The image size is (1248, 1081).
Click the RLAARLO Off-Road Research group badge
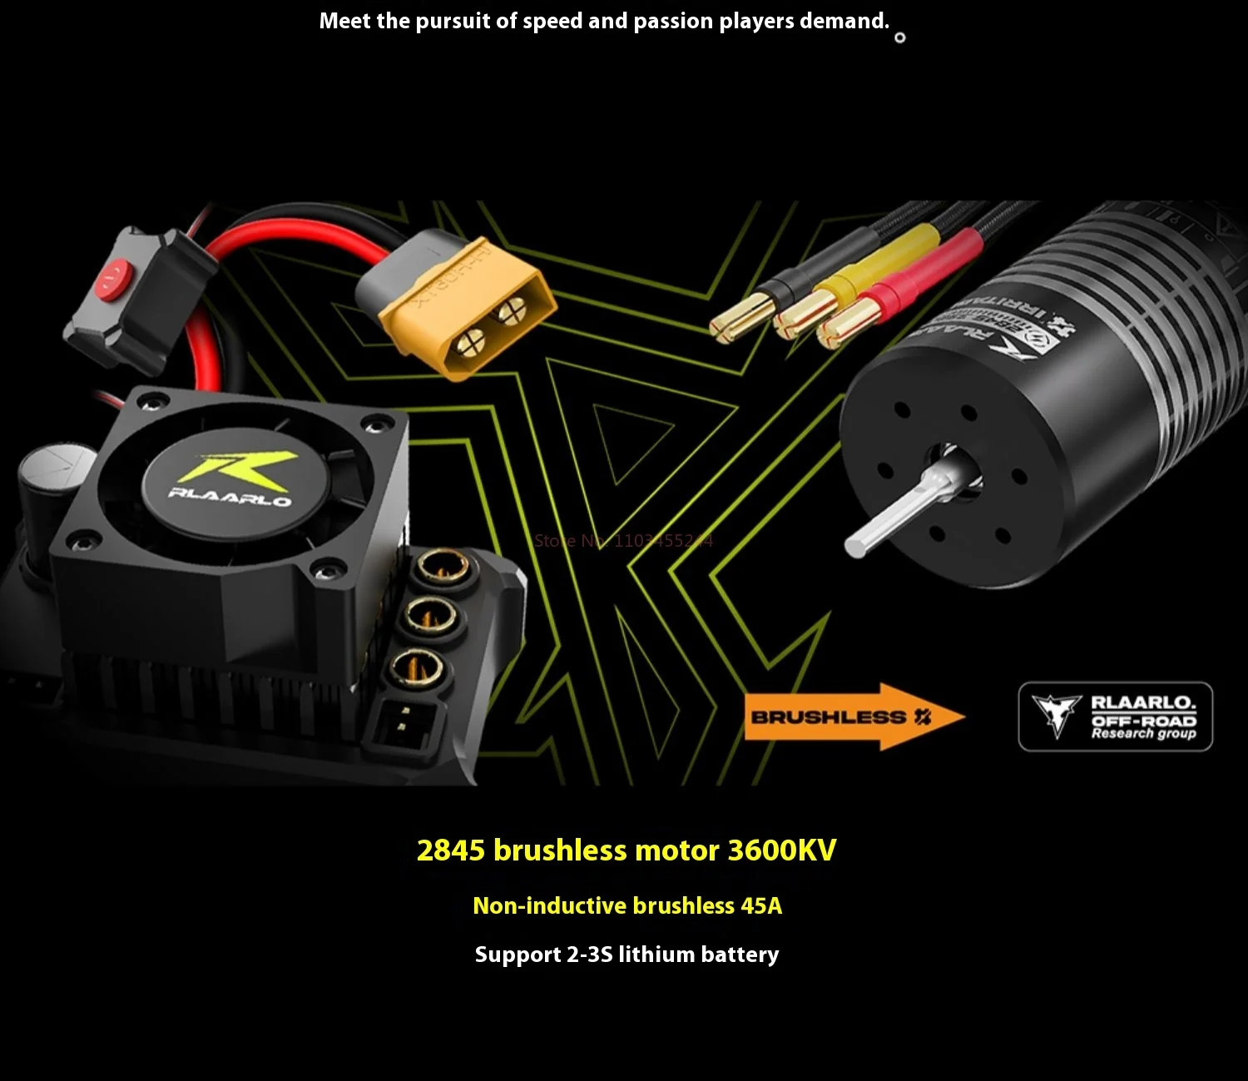pyautogui.click(x=1115, y=717)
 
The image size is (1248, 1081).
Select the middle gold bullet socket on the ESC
pyautogui.click(x=428, y=617)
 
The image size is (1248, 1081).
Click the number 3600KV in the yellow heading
pyautogui.click(x=781, y=850)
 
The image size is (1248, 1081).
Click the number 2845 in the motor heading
pyautogui.click(x=450, y=850)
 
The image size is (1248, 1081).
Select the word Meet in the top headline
pyautogui.click(x=344, y=21)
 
